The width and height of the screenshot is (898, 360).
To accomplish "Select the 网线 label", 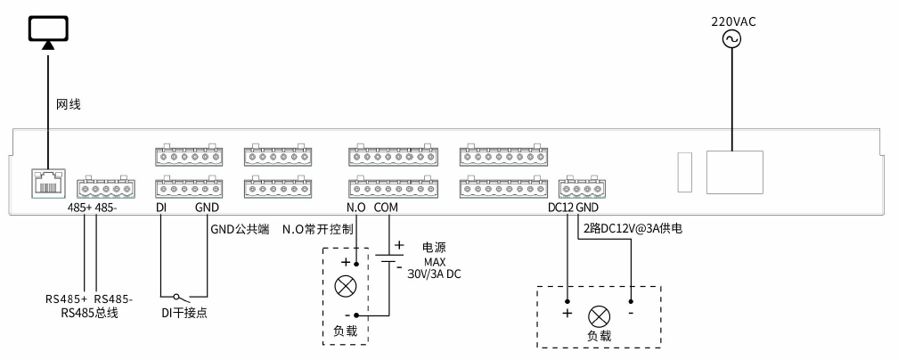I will coord(69,104).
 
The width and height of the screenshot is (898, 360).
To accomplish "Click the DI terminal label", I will coord(161,208).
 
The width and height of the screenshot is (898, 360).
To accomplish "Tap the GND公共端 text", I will coord(240,228).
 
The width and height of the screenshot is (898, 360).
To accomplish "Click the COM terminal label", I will coord(387,208).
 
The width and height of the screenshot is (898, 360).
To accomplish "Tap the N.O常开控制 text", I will coord(318,229).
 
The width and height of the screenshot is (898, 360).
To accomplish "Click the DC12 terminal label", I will coord(560,208).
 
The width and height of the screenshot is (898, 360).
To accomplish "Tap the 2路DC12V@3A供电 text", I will coord(633,229).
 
